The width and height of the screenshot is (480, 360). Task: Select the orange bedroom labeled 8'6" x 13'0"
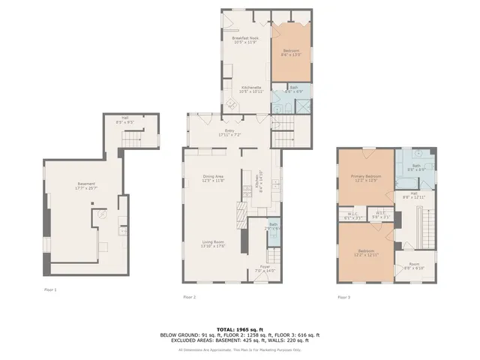(290, 52)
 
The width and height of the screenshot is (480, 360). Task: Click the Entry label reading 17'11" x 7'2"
(230, 133)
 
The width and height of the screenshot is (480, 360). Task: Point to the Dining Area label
(213, 178)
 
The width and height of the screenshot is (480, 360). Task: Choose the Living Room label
(213, 244)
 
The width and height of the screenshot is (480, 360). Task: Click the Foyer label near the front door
(266, 268)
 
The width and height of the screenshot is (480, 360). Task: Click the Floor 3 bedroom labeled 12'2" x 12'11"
(366, 252)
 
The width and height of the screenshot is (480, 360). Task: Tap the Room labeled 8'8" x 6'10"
(414, 266)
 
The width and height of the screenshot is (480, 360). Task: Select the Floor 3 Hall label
(414, 195)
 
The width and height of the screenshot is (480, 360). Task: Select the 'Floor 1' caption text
(49, 289)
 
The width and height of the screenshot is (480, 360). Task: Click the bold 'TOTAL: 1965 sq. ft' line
(240, 329)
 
